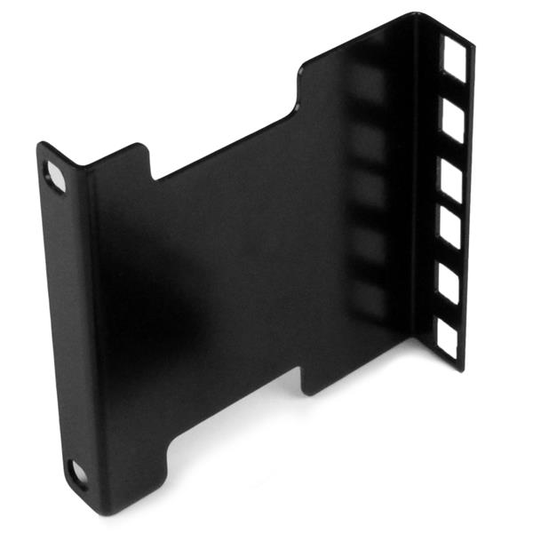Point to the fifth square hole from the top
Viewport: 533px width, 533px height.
(448, 286)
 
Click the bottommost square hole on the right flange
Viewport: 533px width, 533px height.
(446, 338)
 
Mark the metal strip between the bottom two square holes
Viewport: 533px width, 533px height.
(447, 313)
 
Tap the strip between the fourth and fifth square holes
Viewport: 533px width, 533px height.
(449, 259)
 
